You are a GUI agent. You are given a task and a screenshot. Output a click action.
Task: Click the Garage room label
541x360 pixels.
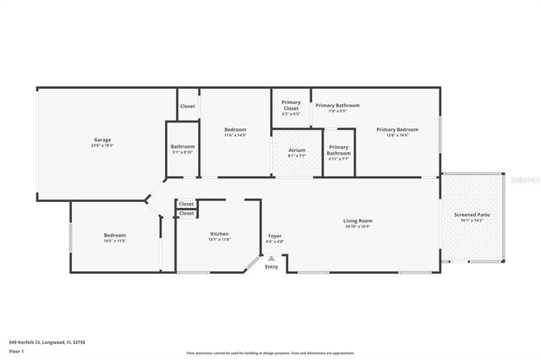[102, 139]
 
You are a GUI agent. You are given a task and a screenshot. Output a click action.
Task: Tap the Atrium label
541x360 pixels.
[297, 150]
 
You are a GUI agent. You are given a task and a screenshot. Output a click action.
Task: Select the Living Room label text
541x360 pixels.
[358, 221]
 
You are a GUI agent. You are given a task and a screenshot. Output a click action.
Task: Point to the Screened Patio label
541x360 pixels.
[472, 215]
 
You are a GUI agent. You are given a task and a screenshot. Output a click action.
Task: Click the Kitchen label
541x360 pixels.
[220, 234]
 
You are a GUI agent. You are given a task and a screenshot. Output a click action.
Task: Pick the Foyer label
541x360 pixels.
[276, 236]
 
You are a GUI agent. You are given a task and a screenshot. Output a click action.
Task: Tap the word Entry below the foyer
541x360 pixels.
[271, 267]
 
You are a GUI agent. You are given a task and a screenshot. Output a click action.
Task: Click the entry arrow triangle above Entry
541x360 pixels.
[271, 259]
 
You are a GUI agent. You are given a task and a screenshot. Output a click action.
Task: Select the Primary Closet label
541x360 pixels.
[291, 106]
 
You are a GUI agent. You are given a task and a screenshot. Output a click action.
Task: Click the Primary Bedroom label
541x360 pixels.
[397, 129]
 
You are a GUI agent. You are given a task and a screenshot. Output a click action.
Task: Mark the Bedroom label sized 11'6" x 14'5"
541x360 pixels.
[235, 129]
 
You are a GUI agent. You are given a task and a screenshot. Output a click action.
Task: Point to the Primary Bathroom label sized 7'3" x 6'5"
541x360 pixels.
[337, 106]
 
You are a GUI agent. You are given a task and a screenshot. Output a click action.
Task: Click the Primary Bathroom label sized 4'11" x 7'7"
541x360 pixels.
[339, 149]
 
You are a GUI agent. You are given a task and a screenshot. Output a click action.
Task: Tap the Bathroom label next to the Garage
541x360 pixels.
[183, 147]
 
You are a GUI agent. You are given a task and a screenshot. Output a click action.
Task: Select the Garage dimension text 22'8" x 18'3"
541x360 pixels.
[102, 145]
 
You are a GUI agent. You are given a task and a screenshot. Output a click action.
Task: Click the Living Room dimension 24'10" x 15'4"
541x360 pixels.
[358, 226]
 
